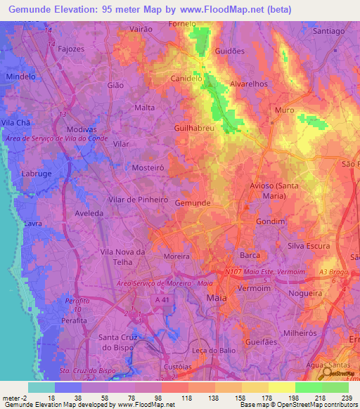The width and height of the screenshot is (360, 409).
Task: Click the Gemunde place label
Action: [192, 202]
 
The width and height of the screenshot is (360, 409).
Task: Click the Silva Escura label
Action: [309, 246]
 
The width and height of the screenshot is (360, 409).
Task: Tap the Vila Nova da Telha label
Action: [122, 257]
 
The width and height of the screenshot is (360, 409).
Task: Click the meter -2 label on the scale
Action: [13, 398]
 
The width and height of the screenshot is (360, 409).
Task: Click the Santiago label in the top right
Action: [329, 31]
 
